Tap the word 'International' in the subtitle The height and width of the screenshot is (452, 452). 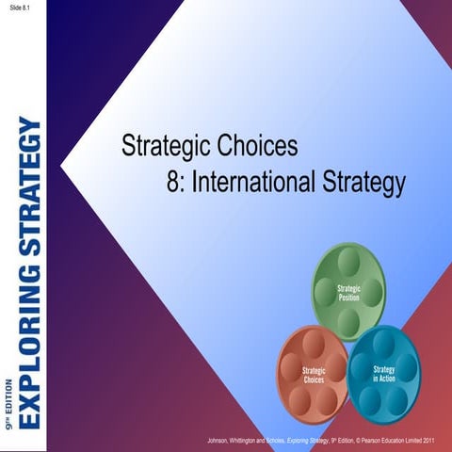pyautogui.click(x=251, y=179)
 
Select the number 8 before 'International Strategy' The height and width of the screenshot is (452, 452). pyautogui.click(x=173, y=179)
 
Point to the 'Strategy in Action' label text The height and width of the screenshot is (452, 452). pyautogui.click(x=384, y=373)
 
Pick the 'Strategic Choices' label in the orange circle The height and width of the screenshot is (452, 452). pyautogui.click(x=314, y=375)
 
